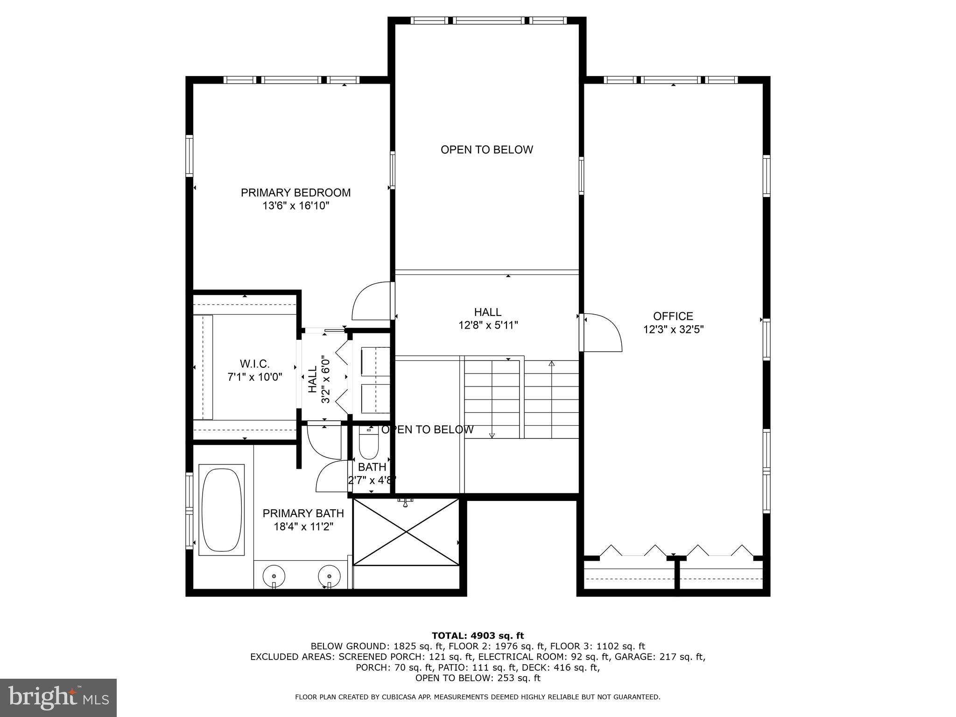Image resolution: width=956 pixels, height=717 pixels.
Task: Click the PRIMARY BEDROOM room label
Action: point(295,192)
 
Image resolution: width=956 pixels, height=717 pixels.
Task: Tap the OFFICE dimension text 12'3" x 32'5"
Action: point(673,330)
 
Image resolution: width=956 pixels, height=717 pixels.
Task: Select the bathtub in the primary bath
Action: point(221,509)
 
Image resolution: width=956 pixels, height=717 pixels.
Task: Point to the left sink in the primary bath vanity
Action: point(274,575)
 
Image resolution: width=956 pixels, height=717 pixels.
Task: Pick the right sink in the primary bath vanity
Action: point(329,575)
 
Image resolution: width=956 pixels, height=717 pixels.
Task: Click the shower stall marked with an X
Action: point(406,532)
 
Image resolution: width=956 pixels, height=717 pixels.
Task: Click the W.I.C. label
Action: point(254,364)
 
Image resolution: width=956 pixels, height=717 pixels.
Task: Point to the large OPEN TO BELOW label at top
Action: point(486,150)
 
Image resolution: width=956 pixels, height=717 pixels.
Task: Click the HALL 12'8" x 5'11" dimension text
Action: point(488,325)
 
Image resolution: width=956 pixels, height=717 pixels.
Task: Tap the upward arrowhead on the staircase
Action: point(551,363)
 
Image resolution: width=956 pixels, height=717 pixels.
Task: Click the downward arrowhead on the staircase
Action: point(492,436)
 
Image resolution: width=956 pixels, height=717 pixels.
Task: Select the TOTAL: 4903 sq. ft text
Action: point(478,636)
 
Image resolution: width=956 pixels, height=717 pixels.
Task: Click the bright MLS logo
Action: point(58,697)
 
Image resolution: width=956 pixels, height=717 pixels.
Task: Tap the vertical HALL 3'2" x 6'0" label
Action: point(319,379)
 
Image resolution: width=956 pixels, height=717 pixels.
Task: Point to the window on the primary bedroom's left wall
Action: point(189,155)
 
